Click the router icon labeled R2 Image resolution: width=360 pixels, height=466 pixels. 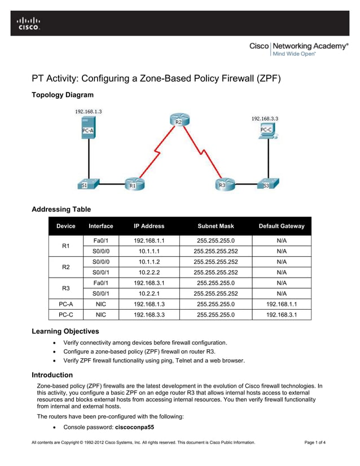tap(179, 120)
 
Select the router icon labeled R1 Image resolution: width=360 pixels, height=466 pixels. tap(133, 183)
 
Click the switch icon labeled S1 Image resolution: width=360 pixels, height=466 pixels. tap(88, 183)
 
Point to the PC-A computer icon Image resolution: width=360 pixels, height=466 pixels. tap(87, 129)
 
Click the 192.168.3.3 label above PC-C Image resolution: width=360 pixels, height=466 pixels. tap(264, 119)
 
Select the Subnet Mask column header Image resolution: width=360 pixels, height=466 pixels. tap(215, 226)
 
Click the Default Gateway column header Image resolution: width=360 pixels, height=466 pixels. tap(281, 226)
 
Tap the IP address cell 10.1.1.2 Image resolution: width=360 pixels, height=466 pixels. tap(149, 262)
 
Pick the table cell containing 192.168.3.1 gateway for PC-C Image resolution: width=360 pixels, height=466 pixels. tap(281, 315)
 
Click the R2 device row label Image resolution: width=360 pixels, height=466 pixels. tap(65, 267)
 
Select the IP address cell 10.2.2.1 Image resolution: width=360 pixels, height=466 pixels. tap(149, 293)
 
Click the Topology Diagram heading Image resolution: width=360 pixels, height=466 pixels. tap(63, 95)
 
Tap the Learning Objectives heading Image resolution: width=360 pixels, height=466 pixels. tap(65, 331)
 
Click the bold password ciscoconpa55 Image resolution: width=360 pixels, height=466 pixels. tap(134, 428)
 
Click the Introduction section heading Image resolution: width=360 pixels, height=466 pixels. tap(52, 375)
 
